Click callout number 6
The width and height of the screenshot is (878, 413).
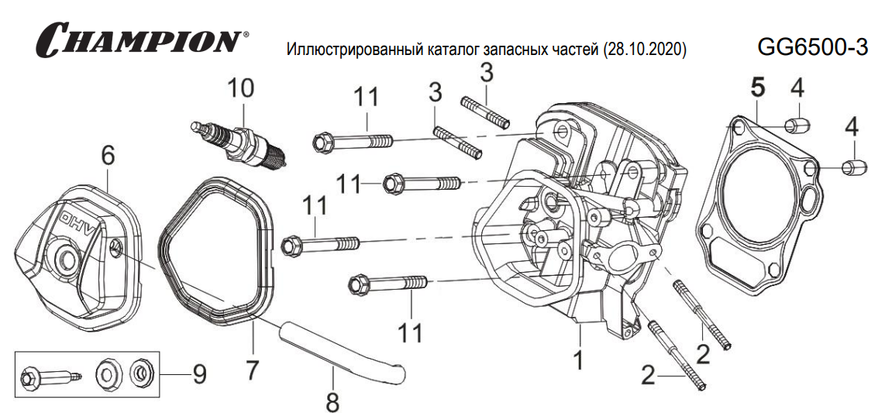[108, 156]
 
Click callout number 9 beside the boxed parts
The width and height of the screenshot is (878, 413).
[199, 375]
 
